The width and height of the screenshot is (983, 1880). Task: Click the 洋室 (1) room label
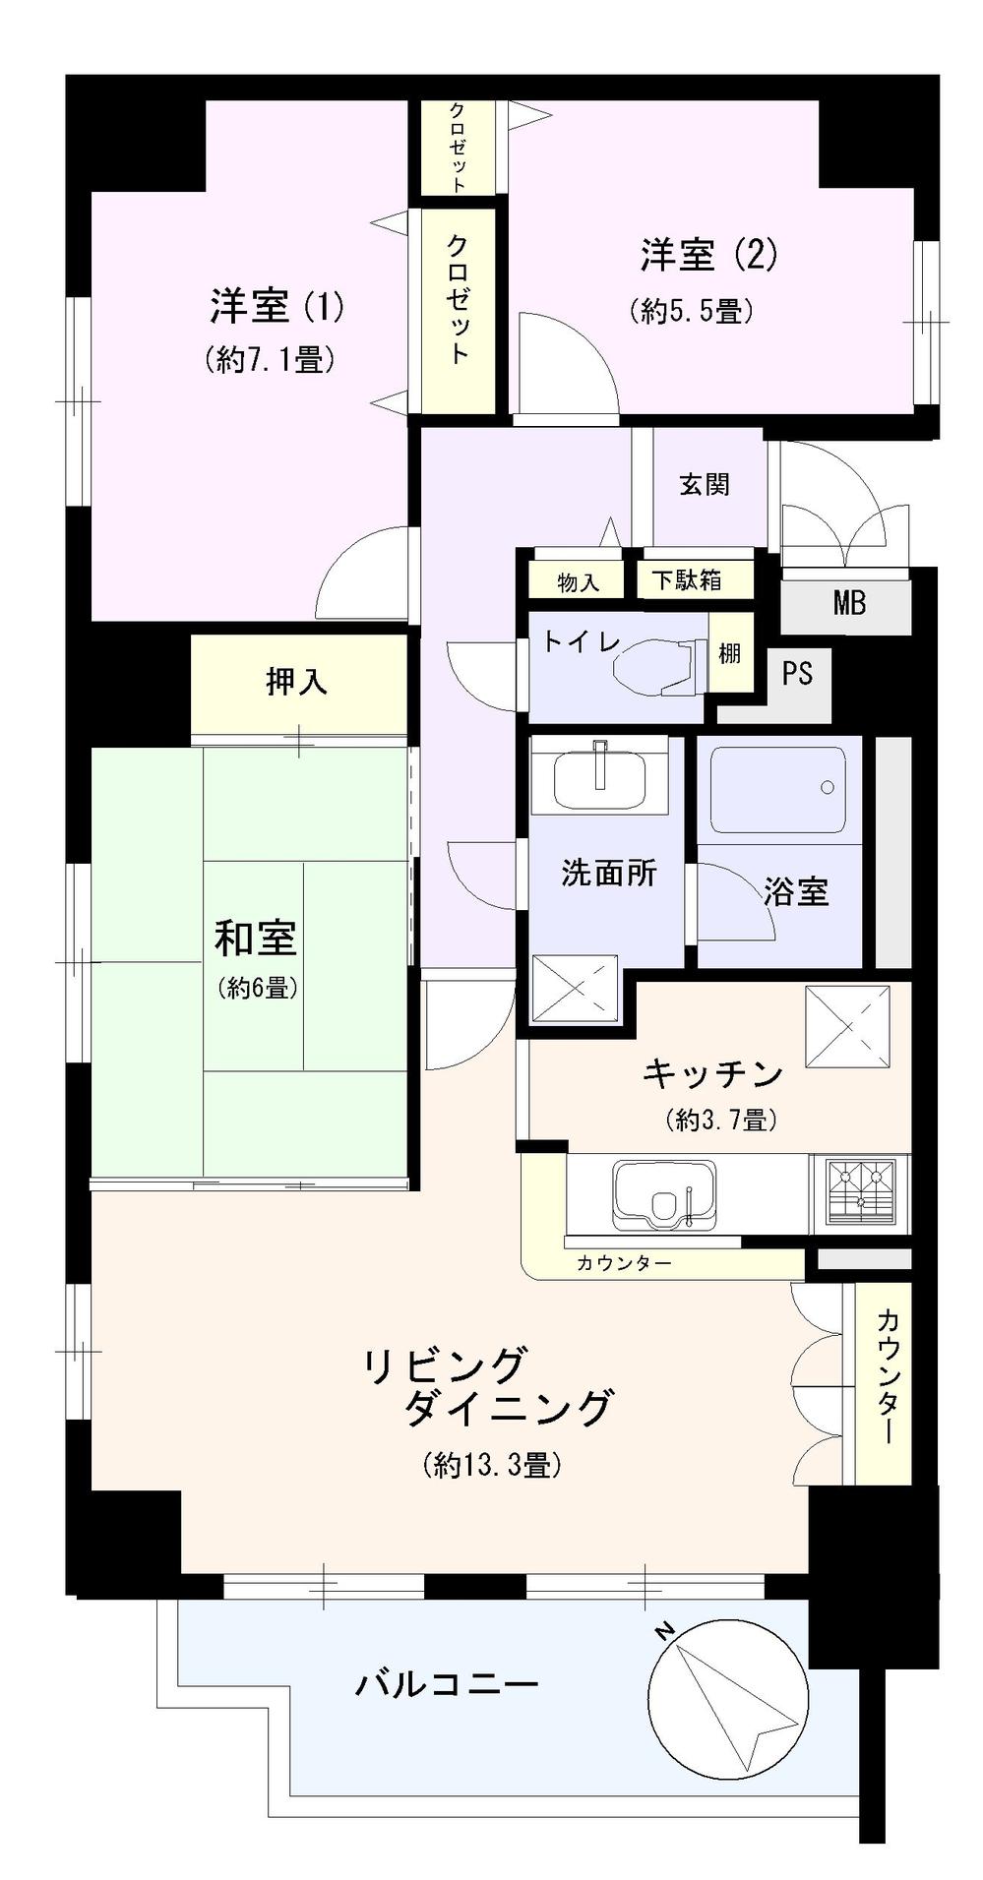pyautogui.click(x=276, y=307)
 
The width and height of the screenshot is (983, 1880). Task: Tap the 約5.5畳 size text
pyautogui.click(x=691, y=312)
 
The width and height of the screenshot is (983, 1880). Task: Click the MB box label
pyautogui.click(x=848, y=602)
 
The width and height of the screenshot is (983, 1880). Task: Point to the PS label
pyautogui.click(x=797, y=674)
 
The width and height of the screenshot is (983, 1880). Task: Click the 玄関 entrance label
pyautogui.click(x=705, y=484)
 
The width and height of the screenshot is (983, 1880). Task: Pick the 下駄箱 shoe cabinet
pyautogui.click(x=686, y=580)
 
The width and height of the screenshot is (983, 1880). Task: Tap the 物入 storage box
pyautogui.click(x=578, y=582)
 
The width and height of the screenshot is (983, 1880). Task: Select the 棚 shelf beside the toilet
pyautogui.click(x=729, y=652)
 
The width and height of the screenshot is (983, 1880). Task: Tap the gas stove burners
pyautogui.click(x=861, y=1191)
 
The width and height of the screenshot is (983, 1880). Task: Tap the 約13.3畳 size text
pyautogui.click(x=492, y=1465)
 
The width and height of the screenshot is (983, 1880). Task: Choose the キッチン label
pyautogui.click(x=712, y=1073)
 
